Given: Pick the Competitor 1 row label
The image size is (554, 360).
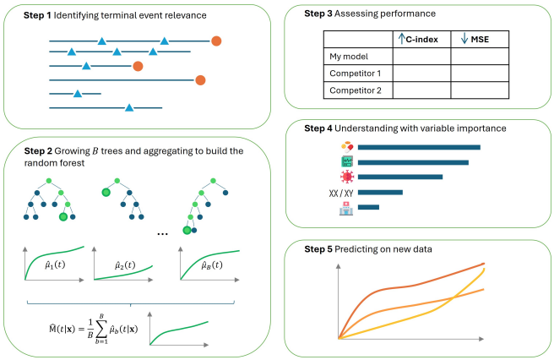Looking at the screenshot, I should click(x=354, y=74).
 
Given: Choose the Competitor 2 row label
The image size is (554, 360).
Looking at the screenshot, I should click(x=354, y=90).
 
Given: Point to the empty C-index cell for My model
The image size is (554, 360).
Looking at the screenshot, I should click(x=421, y=57).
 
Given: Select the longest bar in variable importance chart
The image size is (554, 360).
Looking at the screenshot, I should click(x=419, y=147).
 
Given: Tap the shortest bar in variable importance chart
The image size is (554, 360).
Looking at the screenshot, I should click(x=368, y=208).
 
